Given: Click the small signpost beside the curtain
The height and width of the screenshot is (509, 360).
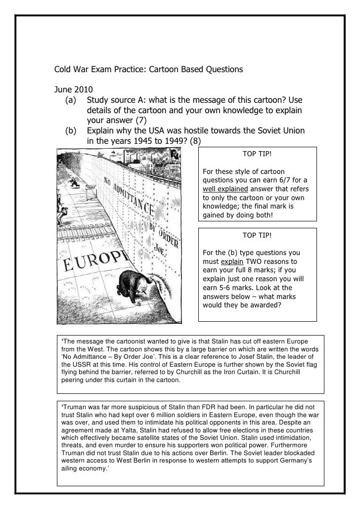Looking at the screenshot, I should [89, 189].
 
